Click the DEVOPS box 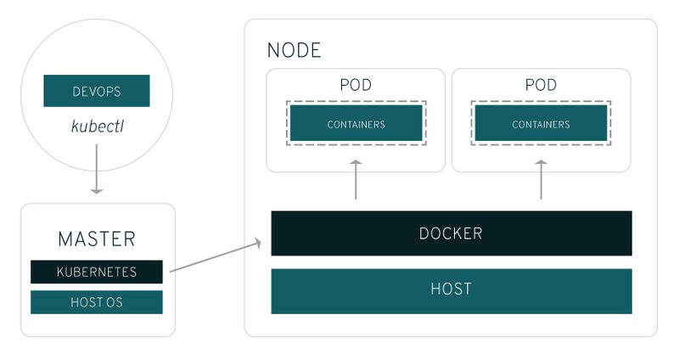pyautogui.click(x=96, y=91)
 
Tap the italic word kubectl pyautogui.click(x=96, y=127)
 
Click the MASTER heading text pyautogui.click(x=96, y=239)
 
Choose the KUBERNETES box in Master pyautogui.click(x=96, y=272)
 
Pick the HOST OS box pyautogui.click(x=96, y=301)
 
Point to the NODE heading pyautogui.click(x=294, y=50)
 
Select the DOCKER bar pyautogui.click(x=451, y=233)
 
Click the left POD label pyautogui.click(x=356, y=85)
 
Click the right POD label pyautogui.click(x=541, y=85)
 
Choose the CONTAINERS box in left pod pyautogui.click(x=356, y=124)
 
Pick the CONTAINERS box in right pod pyautogui.click(x=541, y=124)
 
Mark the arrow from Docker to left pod pyautogui.click(x=356, y=179)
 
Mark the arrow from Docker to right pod pyautogui.click(x=541, y=179)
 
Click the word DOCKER pyautogui.click(x=451, y=233)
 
